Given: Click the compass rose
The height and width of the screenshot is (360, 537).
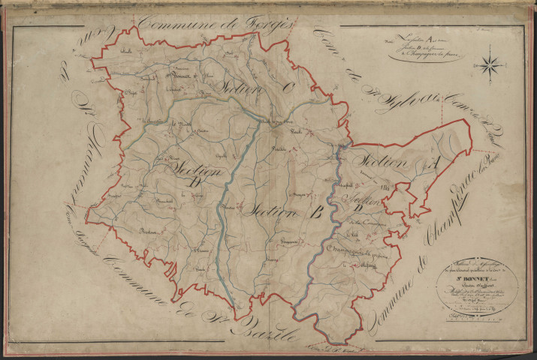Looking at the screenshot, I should tap(491, 64).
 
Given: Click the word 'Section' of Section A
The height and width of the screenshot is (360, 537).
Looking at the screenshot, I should tap(385, 162).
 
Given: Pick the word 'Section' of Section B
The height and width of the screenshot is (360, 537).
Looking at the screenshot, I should tap(271, 212).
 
